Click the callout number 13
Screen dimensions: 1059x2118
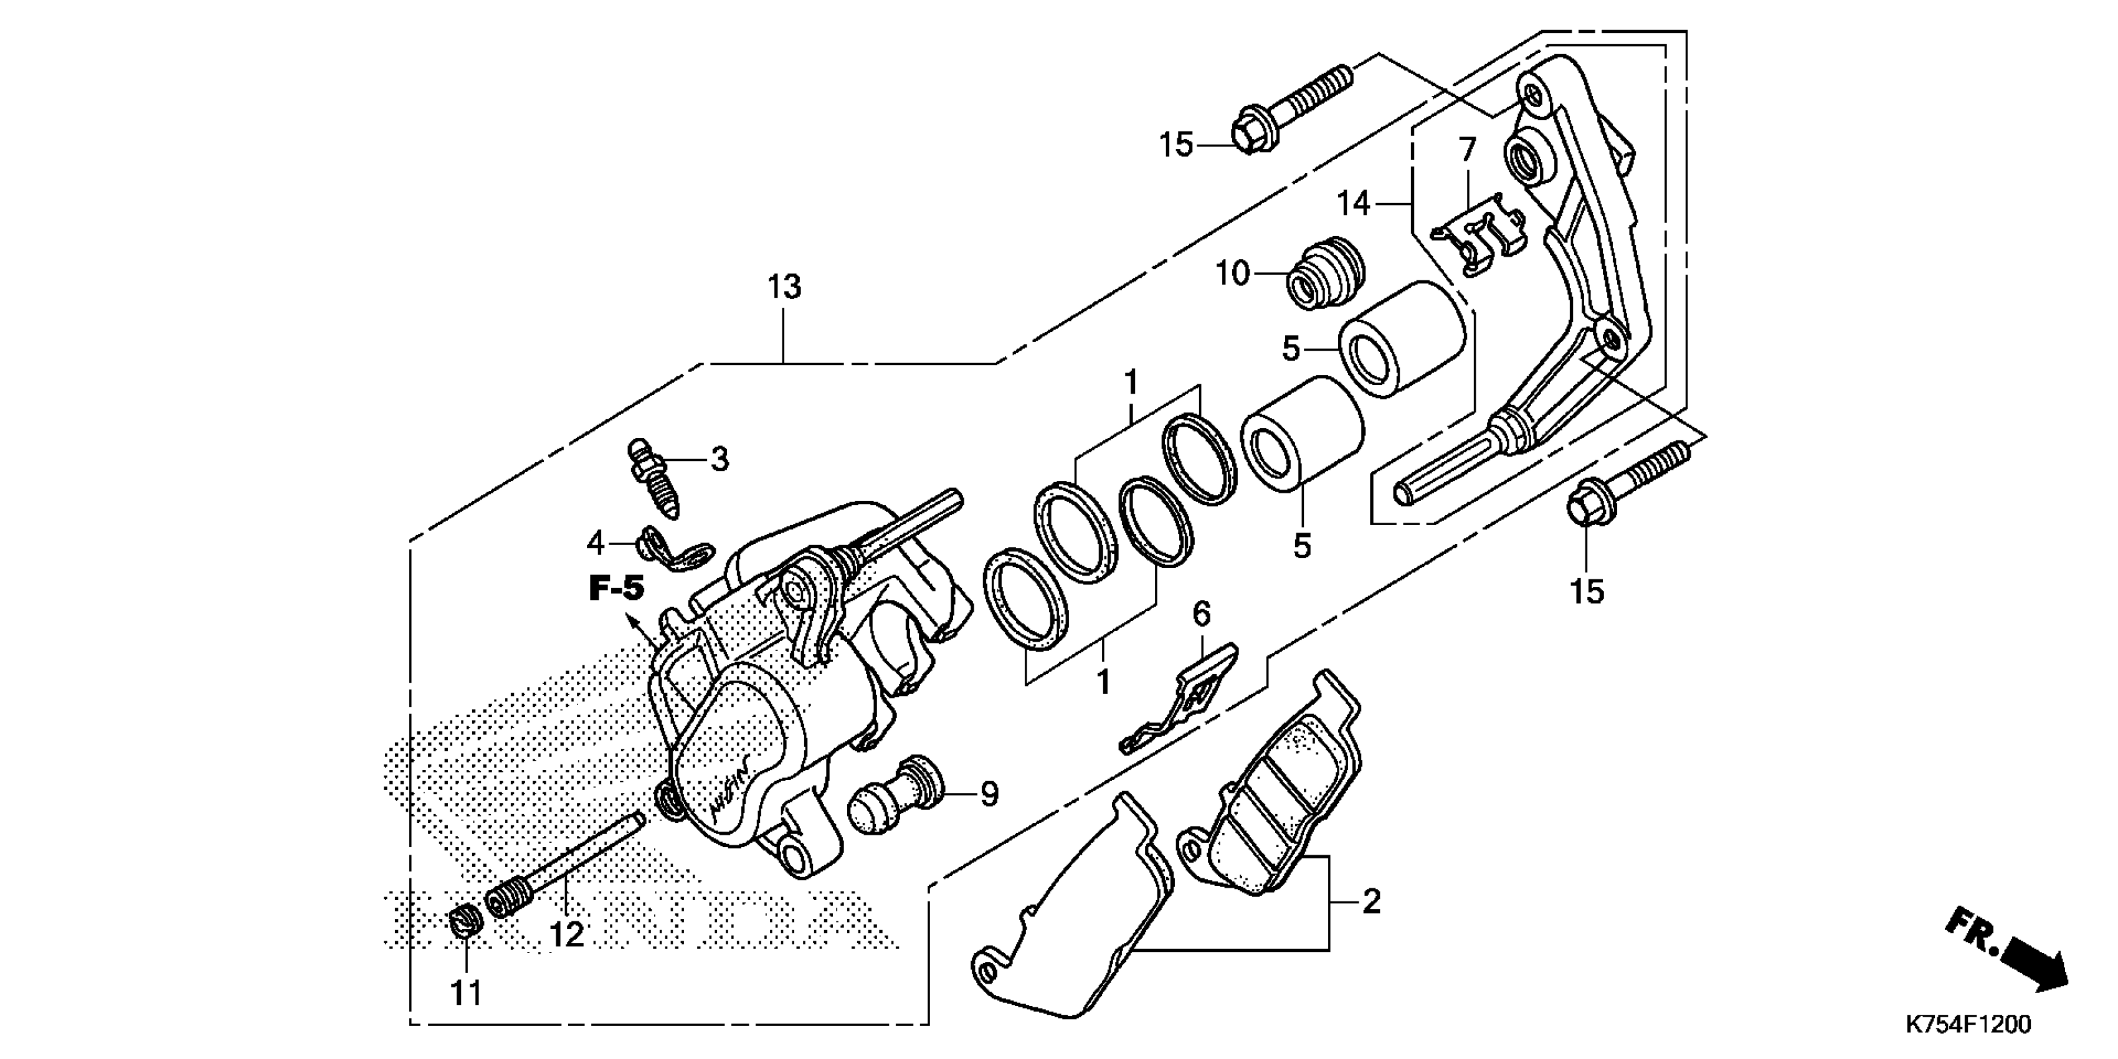pos(784,288)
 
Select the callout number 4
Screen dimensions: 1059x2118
pos(596,543)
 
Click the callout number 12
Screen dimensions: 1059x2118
pos(567,934)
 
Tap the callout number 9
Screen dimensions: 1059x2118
pos(990,794)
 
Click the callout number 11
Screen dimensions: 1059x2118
pos(466,993)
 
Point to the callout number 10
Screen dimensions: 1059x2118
pos(1232,274)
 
